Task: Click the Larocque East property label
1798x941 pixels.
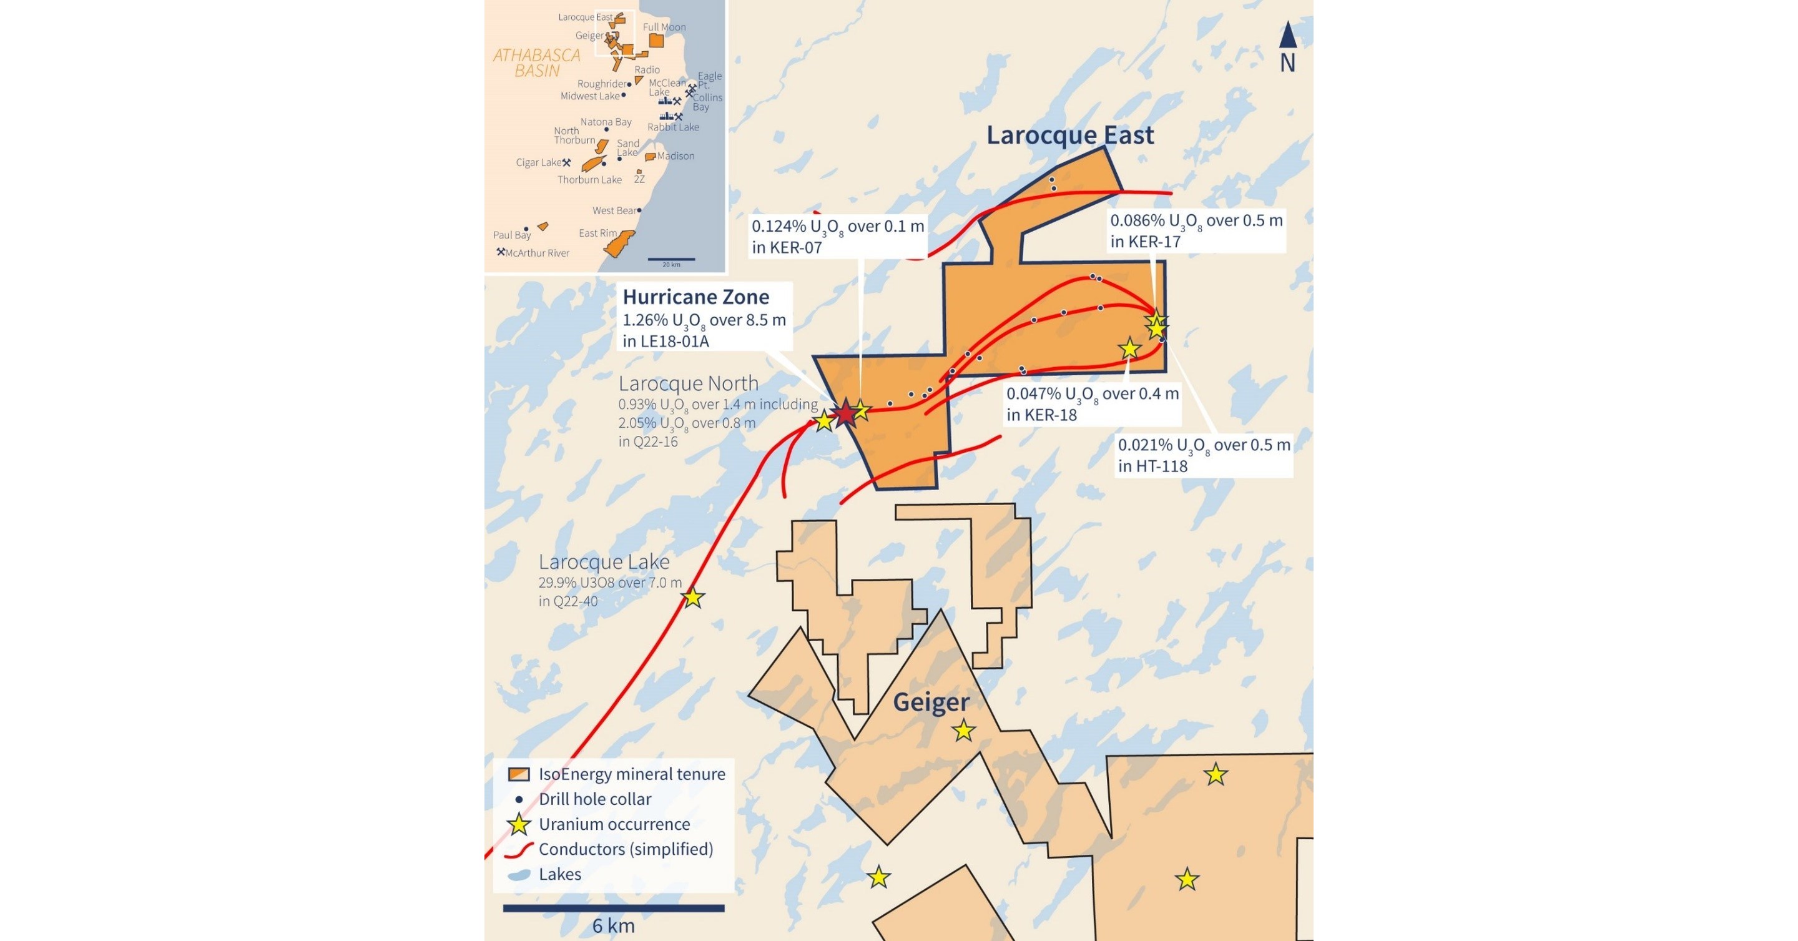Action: (x=1069, y=135)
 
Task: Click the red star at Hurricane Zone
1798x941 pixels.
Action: (x=845, y=413)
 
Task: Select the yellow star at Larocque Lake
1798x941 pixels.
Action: (x=692, y=598)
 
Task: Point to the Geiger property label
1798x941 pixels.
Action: (x=931, y=702)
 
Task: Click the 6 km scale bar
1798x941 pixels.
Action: (x=614, y=908)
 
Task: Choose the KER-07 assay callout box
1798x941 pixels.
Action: (x=838, y=237)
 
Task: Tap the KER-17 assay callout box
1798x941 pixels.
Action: (x=1196, y=231)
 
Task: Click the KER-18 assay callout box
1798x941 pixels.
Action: (x=1093, y=404)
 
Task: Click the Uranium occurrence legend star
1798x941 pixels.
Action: (x=519, y=824)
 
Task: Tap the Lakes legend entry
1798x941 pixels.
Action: (x=559, y=875)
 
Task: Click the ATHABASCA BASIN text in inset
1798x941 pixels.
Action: (x=537, y=63)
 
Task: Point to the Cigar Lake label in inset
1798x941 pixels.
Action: (x=538, y=162)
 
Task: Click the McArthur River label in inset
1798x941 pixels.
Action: (x=537, y=254)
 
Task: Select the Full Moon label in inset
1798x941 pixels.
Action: (x=664, y=27)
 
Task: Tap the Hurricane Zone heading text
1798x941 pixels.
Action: (x=696, y=297)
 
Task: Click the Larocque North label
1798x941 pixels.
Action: (x=688, y=383)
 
